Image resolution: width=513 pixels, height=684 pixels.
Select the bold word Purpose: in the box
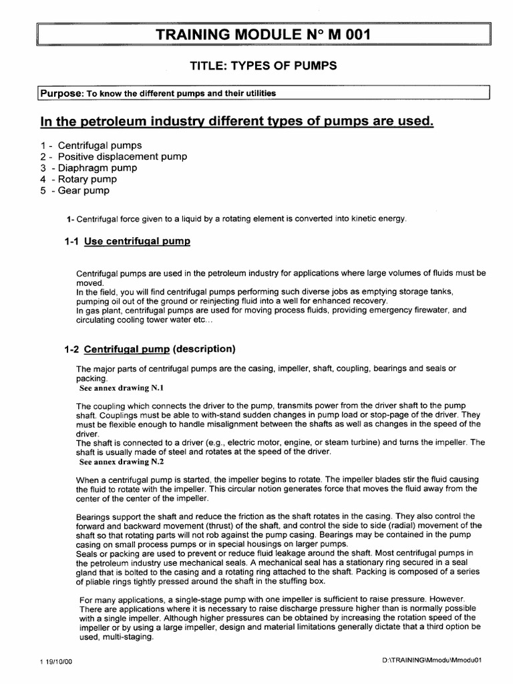click(x=59, y=94)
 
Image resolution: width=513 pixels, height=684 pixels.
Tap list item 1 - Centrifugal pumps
click(x=91, y=145)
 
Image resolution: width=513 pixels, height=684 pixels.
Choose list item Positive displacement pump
click(x=114, y=156)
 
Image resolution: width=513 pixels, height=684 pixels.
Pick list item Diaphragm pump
click(x=98, y=168)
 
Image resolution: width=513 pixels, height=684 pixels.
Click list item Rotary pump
click(x=88, y=179)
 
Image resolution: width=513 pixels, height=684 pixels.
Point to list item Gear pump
click(x=84, y=190)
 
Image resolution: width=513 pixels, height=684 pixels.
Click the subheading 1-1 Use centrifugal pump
click(x=127, y=241)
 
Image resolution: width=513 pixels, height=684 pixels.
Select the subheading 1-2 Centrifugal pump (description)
click(x=150, y=349)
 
